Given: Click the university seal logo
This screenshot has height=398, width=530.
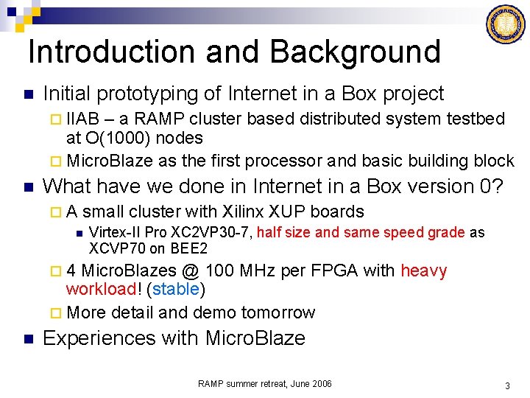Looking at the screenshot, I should (506, 24).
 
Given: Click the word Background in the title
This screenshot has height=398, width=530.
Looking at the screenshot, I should (355, 52).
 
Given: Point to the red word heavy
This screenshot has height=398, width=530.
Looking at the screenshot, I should (423, 270).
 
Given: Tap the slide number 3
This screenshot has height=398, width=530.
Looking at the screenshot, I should (507, 385).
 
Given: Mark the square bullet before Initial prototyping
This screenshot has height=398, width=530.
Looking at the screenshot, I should (27, 94).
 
